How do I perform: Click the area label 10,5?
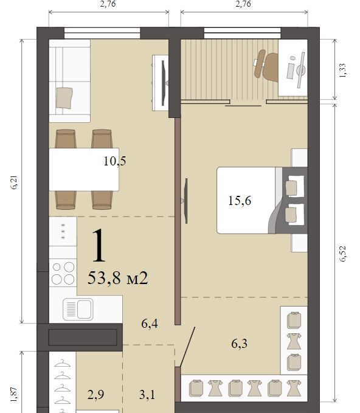(114, 161)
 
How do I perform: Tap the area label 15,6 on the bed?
(240, 201)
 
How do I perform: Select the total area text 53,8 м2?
(118, 278)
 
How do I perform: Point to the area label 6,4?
(150, 324)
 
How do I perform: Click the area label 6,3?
(240, 344)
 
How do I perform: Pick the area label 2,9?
(95, 395)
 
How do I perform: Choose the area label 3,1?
(147, 395)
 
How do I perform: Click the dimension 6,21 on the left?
(15, 182)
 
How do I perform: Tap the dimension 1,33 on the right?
(342, 71)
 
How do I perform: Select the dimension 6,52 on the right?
(342, 254)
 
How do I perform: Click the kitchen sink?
(78, 309)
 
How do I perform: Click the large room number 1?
(99, 246)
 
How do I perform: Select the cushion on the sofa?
(64, 98)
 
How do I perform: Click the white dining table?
(84, 169)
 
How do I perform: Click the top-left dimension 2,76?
(108, 4)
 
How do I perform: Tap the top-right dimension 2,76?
(243, 4)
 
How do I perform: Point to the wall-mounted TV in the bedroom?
(185, 201)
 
